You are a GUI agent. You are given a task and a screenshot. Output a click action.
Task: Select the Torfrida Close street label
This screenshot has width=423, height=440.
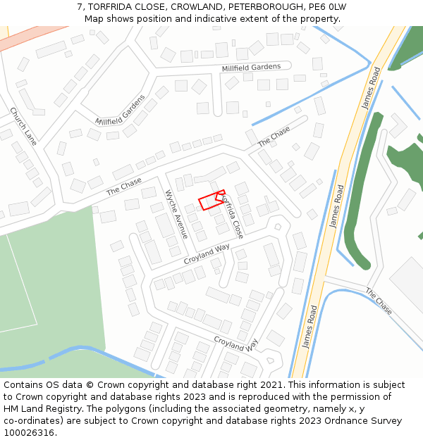[231, 216]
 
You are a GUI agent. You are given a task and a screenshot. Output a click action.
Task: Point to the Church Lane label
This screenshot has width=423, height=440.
[23, 126]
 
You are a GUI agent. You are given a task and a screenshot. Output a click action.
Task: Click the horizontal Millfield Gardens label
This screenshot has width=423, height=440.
[251, 68]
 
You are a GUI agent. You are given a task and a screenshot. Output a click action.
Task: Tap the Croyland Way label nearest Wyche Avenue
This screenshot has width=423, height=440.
[207, 254]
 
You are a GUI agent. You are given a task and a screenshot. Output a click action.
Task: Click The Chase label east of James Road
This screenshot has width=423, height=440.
[379, 301]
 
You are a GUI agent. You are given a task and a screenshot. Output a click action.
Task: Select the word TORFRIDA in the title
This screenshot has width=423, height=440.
[114, 6]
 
